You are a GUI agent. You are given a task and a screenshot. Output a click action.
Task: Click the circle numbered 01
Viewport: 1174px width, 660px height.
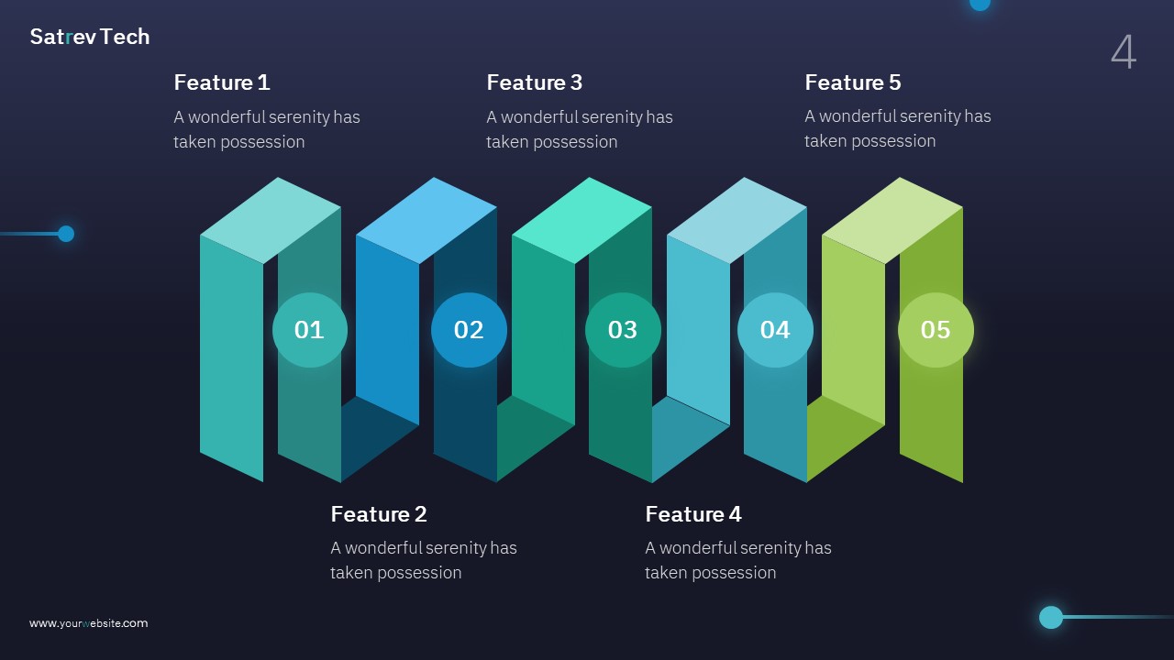310,330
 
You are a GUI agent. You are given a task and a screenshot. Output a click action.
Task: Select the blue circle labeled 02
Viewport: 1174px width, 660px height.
469,330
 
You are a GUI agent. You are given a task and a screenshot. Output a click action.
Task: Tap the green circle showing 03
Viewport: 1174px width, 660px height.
623,330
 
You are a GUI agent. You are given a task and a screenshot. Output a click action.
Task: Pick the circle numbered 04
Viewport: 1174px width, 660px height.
775,330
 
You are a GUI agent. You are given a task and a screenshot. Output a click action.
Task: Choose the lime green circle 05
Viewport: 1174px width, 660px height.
936,330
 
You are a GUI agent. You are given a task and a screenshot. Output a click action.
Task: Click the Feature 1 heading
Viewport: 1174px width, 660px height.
222,82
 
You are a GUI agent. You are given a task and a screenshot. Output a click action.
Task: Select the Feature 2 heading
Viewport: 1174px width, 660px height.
379,514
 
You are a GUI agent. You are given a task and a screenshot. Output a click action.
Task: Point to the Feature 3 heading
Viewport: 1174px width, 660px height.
534,82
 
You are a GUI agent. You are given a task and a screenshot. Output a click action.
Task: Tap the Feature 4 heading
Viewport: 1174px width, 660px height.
693,514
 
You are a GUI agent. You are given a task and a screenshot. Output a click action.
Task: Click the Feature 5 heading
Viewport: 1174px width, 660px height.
853,82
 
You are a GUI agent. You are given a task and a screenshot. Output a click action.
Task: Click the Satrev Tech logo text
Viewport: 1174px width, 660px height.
90,37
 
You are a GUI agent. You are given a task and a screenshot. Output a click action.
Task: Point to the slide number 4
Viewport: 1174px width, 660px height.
1124,52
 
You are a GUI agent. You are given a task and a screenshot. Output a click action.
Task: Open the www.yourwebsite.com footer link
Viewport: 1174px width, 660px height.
88,623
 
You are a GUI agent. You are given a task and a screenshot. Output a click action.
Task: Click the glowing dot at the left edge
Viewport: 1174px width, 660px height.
66,234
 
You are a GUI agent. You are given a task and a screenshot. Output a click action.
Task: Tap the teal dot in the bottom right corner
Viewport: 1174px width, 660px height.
1051,617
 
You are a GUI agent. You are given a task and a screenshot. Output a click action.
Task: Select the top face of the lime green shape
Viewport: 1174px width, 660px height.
892,220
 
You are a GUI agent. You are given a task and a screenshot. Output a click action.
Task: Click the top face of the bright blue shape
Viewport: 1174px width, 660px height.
426,220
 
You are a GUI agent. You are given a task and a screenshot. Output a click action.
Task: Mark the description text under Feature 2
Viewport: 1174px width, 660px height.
424,560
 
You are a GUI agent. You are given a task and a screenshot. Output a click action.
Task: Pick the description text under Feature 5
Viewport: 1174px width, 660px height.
898,128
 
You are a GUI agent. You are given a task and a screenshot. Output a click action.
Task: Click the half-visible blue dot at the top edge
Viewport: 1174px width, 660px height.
980,4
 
